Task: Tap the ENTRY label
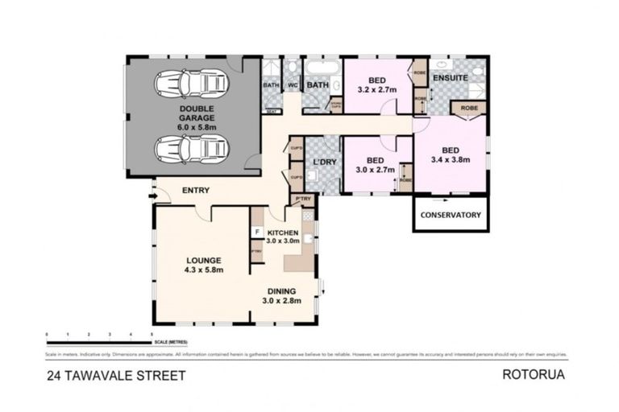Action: pyautogui.click(x=196, y=191)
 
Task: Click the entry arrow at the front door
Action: pyautogui.click(x=152, y=195)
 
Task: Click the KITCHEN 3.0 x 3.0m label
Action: pyautogui.click(x=283, y=236)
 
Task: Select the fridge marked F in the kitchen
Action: pyautogui.click(x=256, y=233)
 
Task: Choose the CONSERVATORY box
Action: pyautogui.click(x=451, y=215)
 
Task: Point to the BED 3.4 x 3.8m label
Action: pyautogui.click(x=450, y=154)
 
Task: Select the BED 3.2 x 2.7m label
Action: pyautogui.click(x=376, y=84)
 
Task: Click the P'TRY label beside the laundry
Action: pyautogui.click(x=303, y=199)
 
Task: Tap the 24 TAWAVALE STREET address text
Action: pyautogui.click(x=116, y=375)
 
